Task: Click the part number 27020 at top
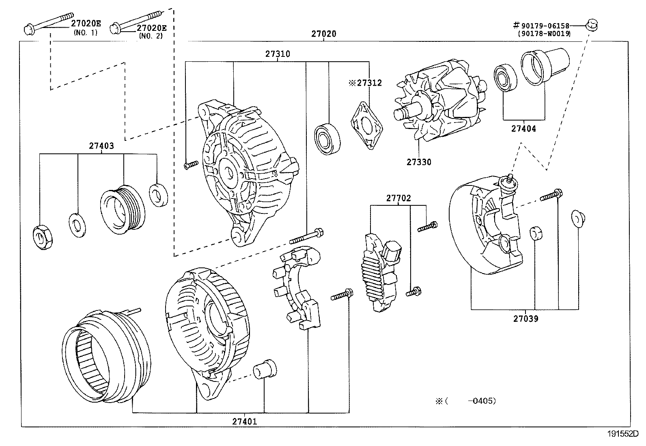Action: pos(323,34)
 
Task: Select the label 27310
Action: pos(278,54)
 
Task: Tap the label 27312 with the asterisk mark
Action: pos(365,83)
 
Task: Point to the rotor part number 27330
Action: pos(419,162)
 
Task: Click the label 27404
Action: pos(523,129)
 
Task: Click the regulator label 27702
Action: pos(398,198)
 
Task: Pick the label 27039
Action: pos(525,319)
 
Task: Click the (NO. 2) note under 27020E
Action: pos(151,36)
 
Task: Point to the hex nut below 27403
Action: pos(42,237)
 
